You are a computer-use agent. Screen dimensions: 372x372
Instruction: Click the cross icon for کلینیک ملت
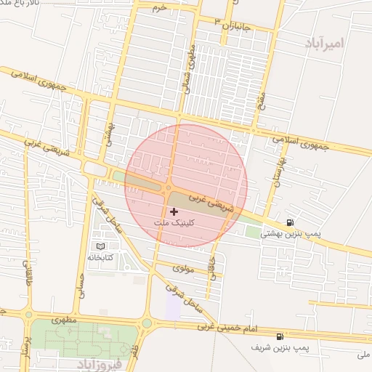(174, 211)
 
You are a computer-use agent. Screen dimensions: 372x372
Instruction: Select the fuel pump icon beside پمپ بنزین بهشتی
(290, 222)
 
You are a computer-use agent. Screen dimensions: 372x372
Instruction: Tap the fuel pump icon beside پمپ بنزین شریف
(280, 336)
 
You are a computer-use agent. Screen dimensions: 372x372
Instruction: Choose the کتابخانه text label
(101, 258)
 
